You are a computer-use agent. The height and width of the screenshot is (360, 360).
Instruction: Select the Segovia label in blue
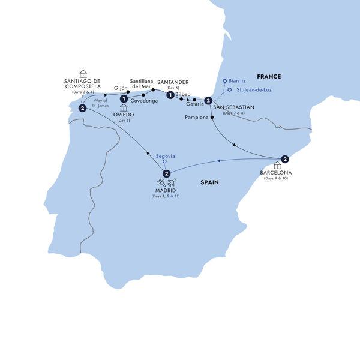pyautogui.click(x=164, y=156)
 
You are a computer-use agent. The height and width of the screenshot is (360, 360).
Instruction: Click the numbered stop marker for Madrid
pyautogui.click(x=166, y=174)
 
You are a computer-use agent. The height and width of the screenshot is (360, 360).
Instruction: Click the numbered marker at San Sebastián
pyautogui.click(x=208, y=101)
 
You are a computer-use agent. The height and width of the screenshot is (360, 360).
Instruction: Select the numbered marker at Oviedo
pyautogui.click(x=123, y=99)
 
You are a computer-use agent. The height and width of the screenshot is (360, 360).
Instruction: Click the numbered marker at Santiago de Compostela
pyautogui.click(x=82, y=108)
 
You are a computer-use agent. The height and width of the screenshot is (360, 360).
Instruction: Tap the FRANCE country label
pyautogui.click(x=268, y=76)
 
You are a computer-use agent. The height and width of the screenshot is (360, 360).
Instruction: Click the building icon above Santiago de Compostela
pyautogui.click(x=83, y=74)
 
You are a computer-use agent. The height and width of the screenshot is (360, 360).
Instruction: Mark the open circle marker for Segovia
pyautogui.click(x=165, y=163)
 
